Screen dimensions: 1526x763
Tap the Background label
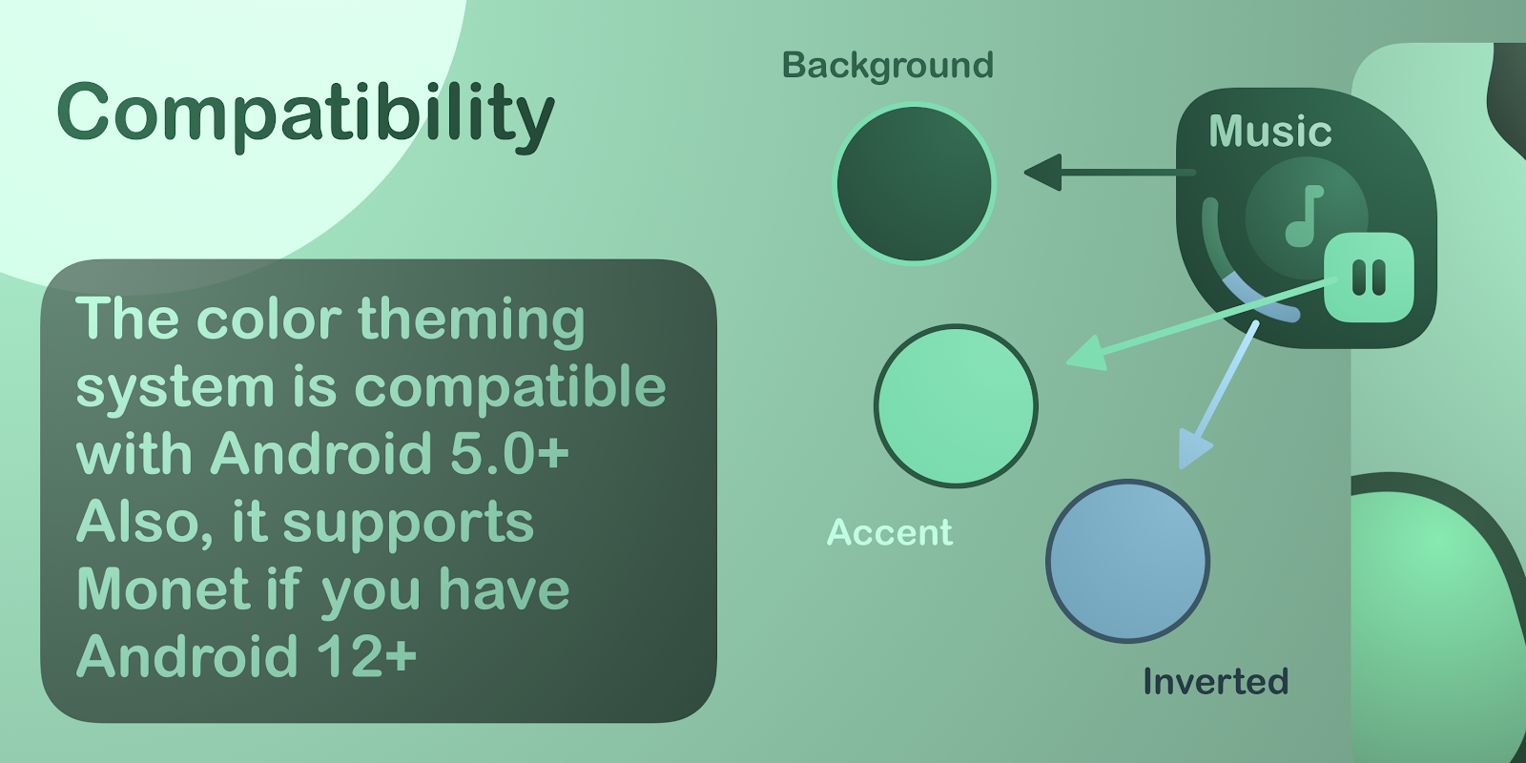coord(888,66)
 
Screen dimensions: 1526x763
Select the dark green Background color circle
coord(915,183)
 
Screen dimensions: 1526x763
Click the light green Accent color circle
coord(956,406)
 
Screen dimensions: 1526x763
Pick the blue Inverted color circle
coord(1127,562)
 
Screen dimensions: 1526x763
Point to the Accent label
coord(889,532)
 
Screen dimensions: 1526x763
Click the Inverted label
coord(1215,681)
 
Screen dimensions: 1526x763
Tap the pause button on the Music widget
coord(1369,278)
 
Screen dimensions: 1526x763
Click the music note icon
coord(1304,216)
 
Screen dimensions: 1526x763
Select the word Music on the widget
coord(1269,131)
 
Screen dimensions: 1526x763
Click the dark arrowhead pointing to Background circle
coord(1042,173)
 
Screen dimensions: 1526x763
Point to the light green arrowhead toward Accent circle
coord(1087,354)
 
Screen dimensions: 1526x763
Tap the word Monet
coord(162,588)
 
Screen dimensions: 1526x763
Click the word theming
coord(471,321)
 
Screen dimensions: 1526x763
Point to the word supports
coord(408,526)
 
